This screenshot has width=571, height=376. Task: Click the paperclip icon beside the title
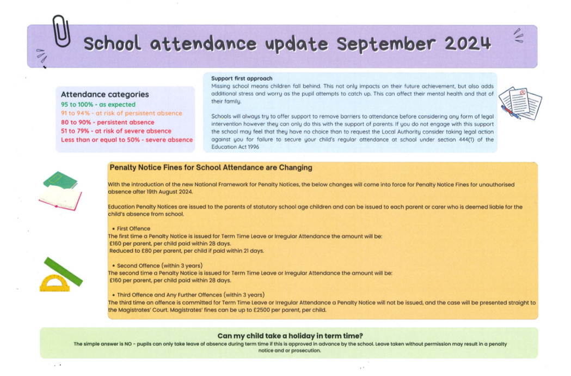coord(62,31)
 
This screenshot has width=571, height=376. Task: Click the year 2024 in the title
coord(468,44)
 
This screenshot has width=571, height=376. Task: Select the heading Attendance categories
coord(105,94)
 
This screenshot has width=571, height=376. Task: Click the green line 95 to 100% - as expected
coord(98,105)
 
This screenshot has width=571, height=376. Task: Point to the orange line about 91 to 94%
coord(121,113)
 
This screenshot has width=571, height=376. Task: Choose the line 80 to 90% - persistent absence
coord(107,122)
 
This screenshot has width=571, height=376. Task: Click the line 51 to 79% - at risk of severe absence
coord(116,131)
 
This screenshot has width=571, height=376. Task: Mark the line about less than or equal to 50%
coord(127,140)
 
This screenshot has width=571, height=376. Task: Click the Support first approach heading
coord(242,78)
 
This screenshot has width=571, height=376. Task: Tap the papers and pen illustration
coord(520,103)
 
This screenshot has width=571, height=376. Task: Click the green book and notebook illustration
coord(60,190)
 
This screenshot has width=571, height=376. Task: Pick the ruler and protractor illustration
coord(60,275)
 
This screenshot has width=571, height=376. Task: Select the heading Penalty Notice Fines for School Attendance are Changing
coord(211,168)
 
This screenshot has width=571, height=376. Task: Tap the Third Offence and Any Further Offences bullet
coord(191,295)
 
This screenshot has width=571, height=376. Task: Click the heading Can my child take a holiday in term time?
coord(290,336)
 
